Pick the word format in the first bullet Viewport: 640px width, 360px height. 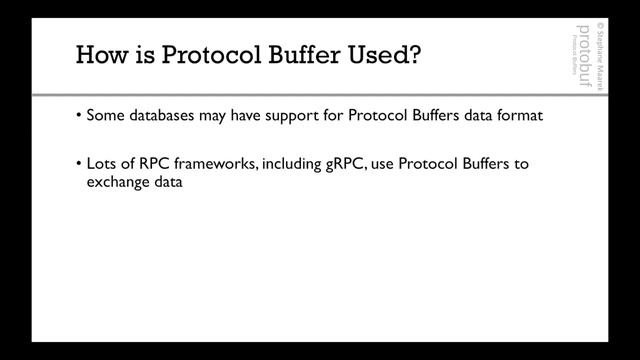click(x=519, y=115)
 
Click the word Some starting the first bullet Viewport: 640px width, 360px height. click(x=105, y=115)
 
